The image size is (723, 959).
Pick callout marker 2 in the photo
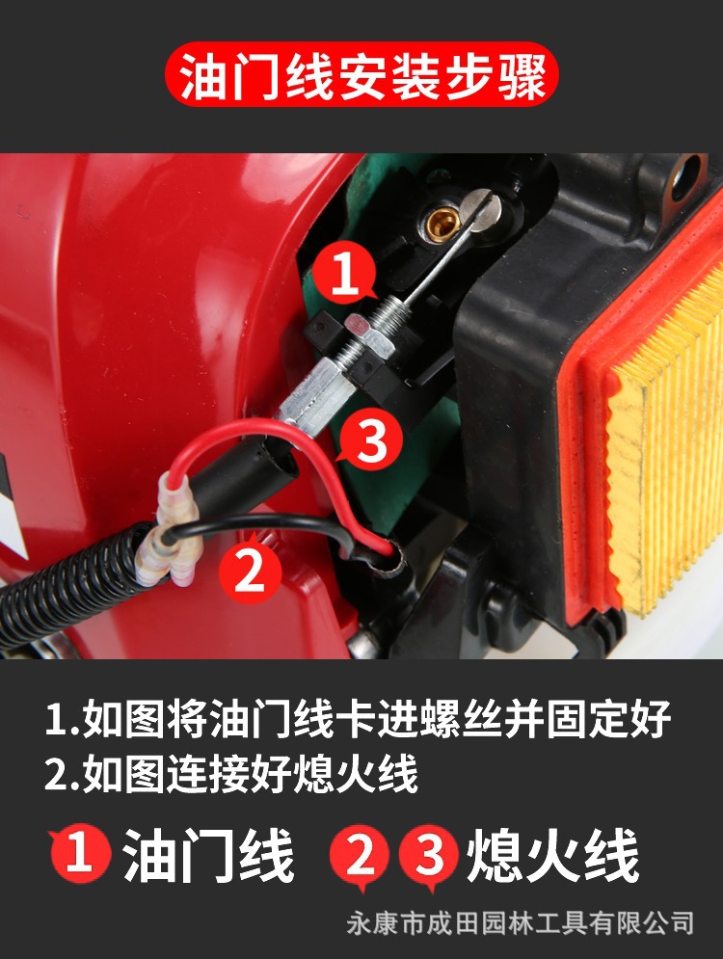pyautogui.click(x=250, y=572)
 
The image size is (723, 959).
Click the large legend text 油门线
pyautogui.click(x=208, y=856)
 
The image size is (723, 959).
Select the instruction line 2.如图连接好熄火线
pyautogui.click(x=231, y=774)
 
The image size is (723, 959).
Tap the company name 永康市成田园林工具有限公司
pyautogui.click(x=520, y=923)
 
